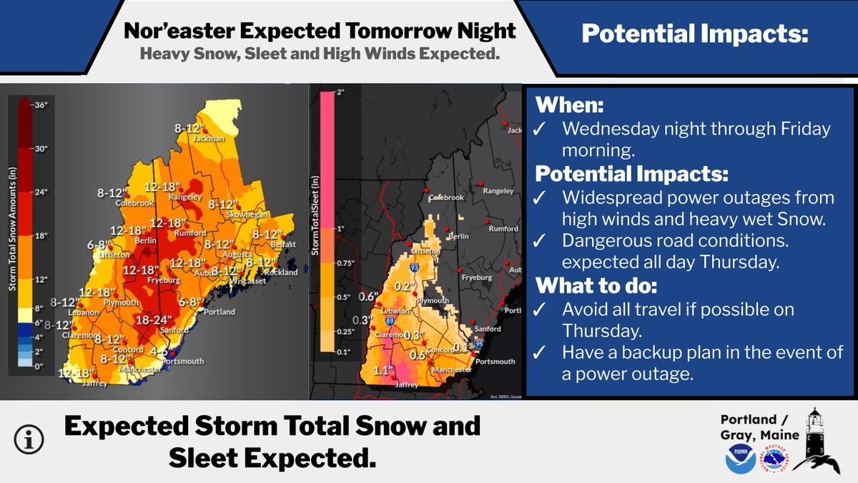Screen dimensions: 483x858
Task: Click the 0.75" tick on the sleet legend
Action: pyautogui.click(x=346, y=263)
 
